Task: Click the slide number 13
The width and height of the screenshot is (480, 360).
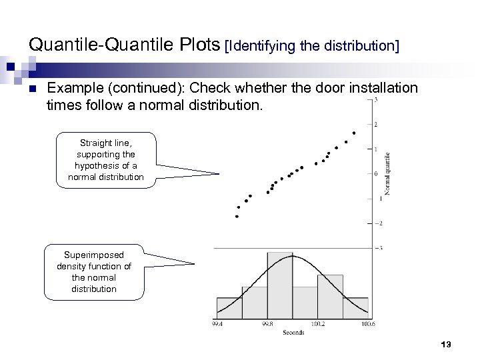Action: [446, 344]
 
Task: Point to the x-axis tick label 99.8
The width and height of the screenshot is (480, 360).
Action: [267, 323]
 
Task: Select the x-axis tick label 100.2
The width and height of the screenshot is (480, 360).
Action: [318, 323]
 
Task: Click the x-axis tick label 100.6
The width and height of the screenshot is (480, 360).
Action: [367, 323]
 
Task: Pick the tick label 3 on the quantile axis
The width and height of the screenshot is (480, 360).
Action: [377, 101]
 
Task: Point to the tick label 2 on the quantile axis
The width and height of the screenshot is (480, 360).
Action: [377, 125]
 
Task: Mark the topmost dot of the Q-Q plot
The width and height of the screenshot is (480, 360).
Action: [354, 133]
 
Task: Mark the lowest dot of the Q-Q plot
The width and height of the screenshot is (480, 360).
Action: [237, 216]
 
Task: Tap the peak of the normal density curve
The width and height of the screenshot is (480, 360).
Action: [292, 258]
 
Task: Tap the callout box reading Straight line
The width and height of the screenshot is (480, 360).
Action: [111, 161]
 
